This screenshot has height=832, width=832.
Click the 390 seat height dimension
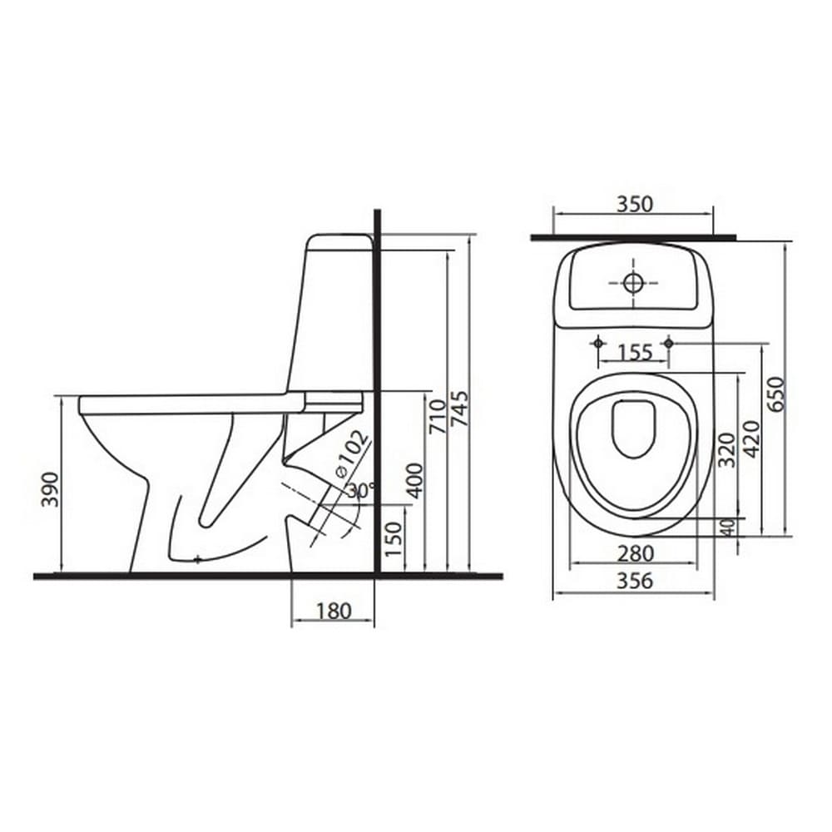click(51, 488)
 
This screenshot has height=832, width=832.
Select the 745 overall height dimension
click(459, 409)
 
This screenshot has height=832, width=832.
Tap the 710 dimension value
click(438, 417)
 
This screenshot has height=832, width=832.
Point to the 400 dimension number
click(417, 481)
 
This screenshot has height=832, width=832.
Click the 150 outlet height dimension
click(394, 538)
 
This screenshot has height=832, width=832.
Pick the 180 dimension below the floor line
click(334, 611)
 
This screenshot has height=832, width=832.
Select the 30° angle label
click(361, 490)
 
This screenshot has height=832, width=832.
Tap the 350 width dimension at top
click(634, 204)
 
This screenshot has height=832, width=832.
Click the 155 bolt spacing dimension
click(635, 352)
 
